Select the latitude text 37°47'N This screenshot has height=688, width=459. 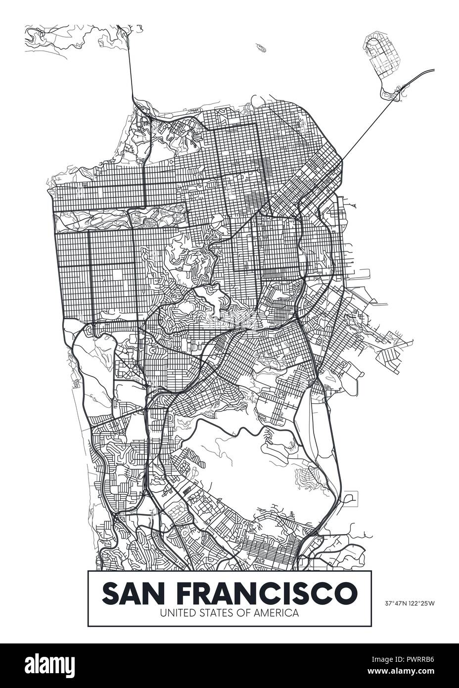[395, 603]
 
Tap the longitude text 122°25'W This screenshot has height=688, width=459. [421, 603]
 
